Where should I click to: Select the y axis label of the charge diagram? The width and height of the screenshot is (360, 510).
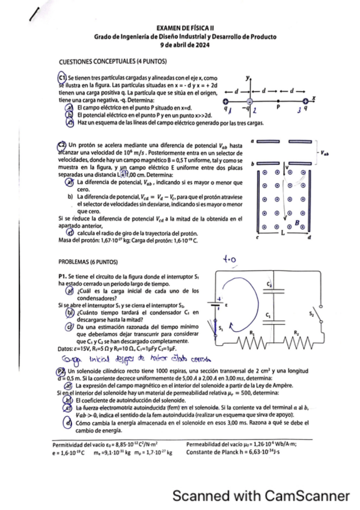click(x=247, y=78)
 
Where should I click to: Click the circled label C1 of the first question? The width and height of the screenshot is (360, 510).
click(x=61, y=78)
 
